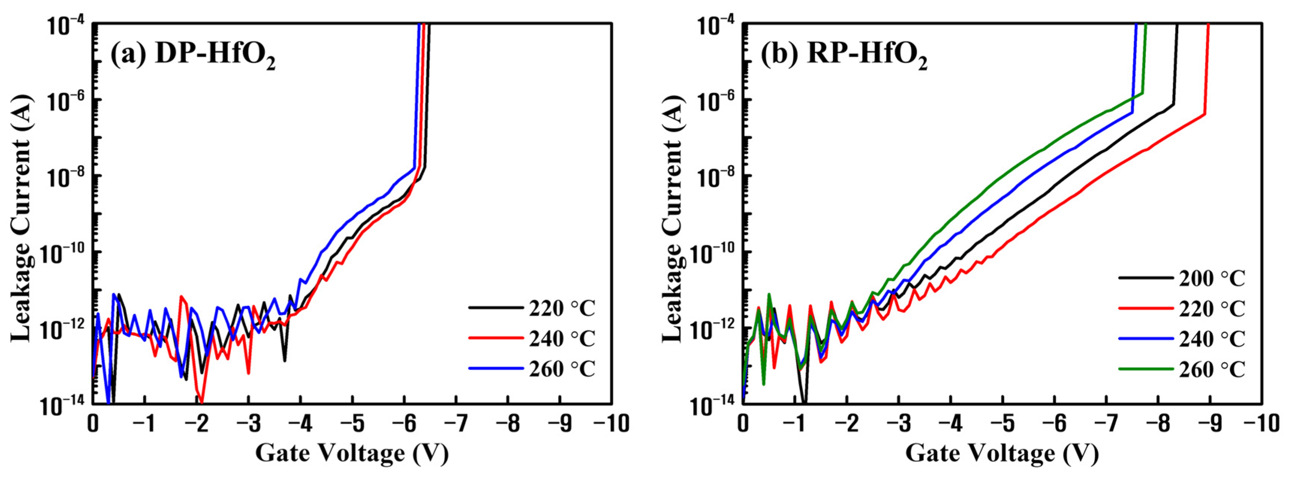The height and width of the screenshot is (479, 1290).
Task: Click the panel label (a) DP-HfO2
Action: click(193, 54)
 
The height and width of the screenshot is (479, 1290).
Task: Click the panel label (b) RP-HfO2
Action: click(844, 54)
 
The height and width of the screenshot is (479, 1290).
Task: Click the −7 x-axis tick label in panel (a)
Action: click(456, 424)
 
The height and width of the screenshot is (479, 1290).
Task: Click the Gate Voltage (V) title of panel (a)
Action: click(352, 453)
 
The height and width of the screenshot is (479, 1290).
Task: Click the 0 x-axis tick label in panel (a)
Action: click(93, 424)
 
